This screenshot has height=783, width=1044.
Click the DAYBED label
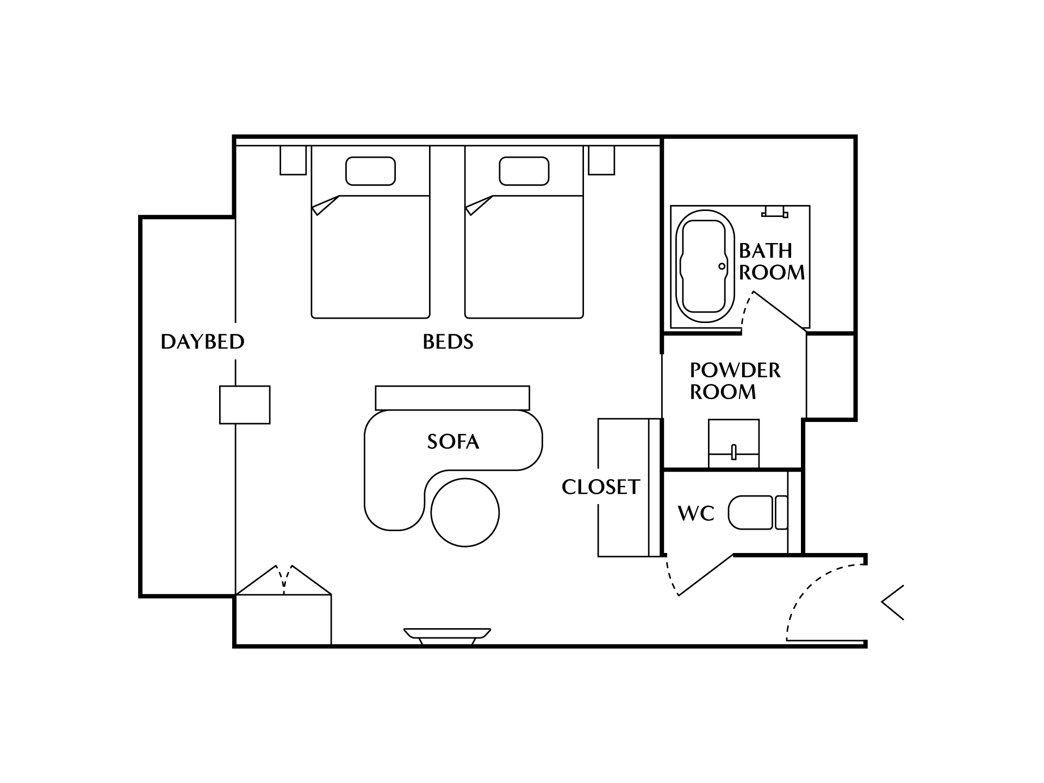[x=202, y=341]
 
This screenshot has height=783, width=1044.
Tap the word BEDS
[x=448, y=341]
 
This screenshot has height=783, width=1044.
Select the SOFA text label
[x=453, y=442]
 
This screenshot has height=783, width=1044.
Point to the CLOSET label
[x=601, y=487]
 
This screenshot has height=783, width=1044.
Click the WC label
[x=696, y=513]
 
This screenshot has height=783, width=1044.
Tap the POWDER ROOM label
[x=735, y=381]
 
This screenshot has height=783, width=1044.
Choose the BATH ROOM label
[x=772, y=262]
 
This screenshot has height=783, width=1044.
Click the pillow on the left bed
[x=370, y=171]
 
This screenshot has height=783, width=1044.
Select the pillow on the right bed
[x=524, y=171]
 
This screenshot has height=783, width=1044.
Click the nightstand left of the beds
[x=293, y=160]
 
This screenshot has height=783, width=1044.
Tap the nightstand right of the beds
[x=601, y=160]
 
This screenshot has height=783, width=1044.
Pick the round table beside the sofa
[x=465, y=512]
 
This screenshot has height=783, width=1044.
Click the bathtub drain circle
[x=722, y=266]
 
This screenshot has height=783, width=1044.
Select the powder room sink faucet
[x=734, y=452]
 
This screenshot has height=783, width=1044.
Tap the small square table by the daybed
[x=245, y=405]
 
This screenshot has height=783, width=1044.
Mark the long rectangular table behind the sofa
[x=452, y=398]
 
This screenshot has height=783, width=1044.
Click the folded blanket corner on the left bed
[x=325, y=205]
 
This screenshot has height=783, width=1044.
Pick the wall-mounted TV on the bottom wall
[x=448, y=637]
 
